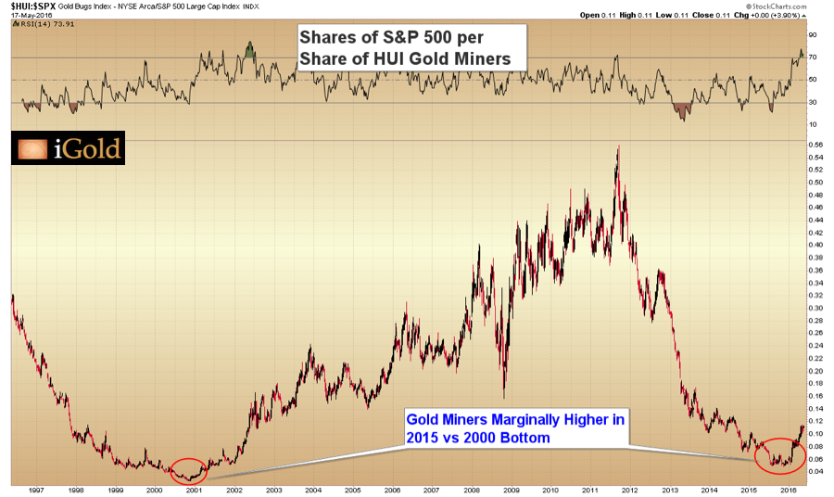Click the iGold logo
pos(67,148)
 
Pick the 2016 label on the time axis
pos(789,490)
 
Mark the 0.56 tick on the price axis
pos(816,146)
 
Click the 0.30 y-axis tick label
pos(816,308)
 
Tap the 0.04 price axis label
pos(816,471)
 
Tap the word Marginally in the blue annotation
pos(522,419)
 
